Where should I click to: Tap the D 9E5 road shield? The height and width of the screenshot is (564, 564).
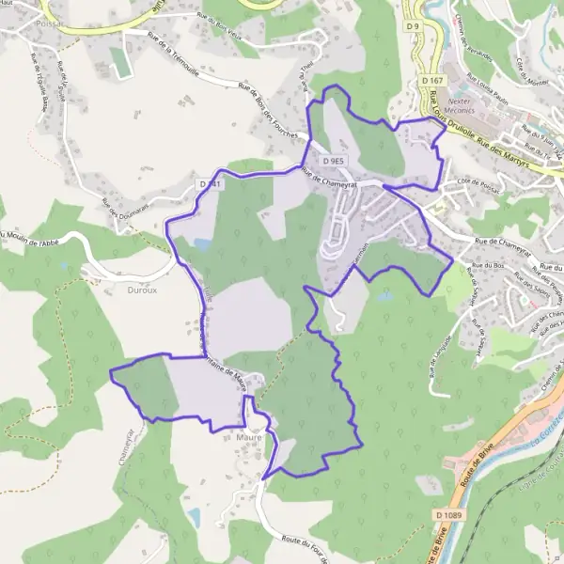pyautogui.click(x=334, y=161)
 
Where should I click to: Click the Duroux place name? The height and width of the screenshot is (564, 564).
pyautogui.click(x=116, y=290)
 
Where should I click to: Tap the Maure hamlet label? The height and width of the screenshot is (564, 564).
pyautogui.click(x=250, y=436)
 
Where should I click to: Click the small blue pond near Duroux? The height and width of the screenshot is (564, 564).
pyautogui.click(x=201, y=244)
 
